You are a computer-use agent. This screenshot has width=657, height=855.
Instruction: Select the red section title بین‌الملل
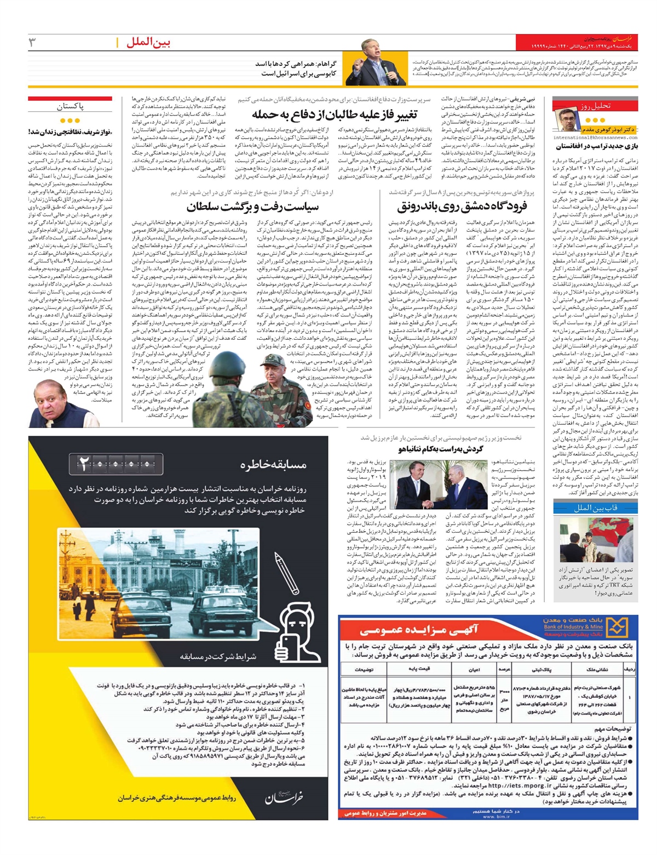[148, 42]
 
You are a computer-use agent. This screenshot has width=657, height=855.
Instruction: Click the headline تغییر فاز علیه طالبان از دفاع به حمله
[335, 114]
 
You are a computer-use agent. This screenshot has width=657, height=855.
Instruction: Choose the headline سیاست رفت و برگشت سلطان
[252, 207]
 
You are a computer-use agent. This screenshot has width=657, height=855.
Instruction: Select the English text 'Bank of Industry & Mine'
[573, 626]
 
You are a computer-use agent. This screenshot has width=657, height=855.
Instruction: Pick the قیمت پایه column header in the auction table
[419, 669]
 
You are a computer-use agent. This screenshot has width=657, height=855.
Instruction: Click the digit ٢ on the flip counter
[84, 465]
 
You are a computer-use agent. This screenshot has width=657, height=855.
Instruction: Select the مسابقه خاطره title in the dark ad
[273, 464]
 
